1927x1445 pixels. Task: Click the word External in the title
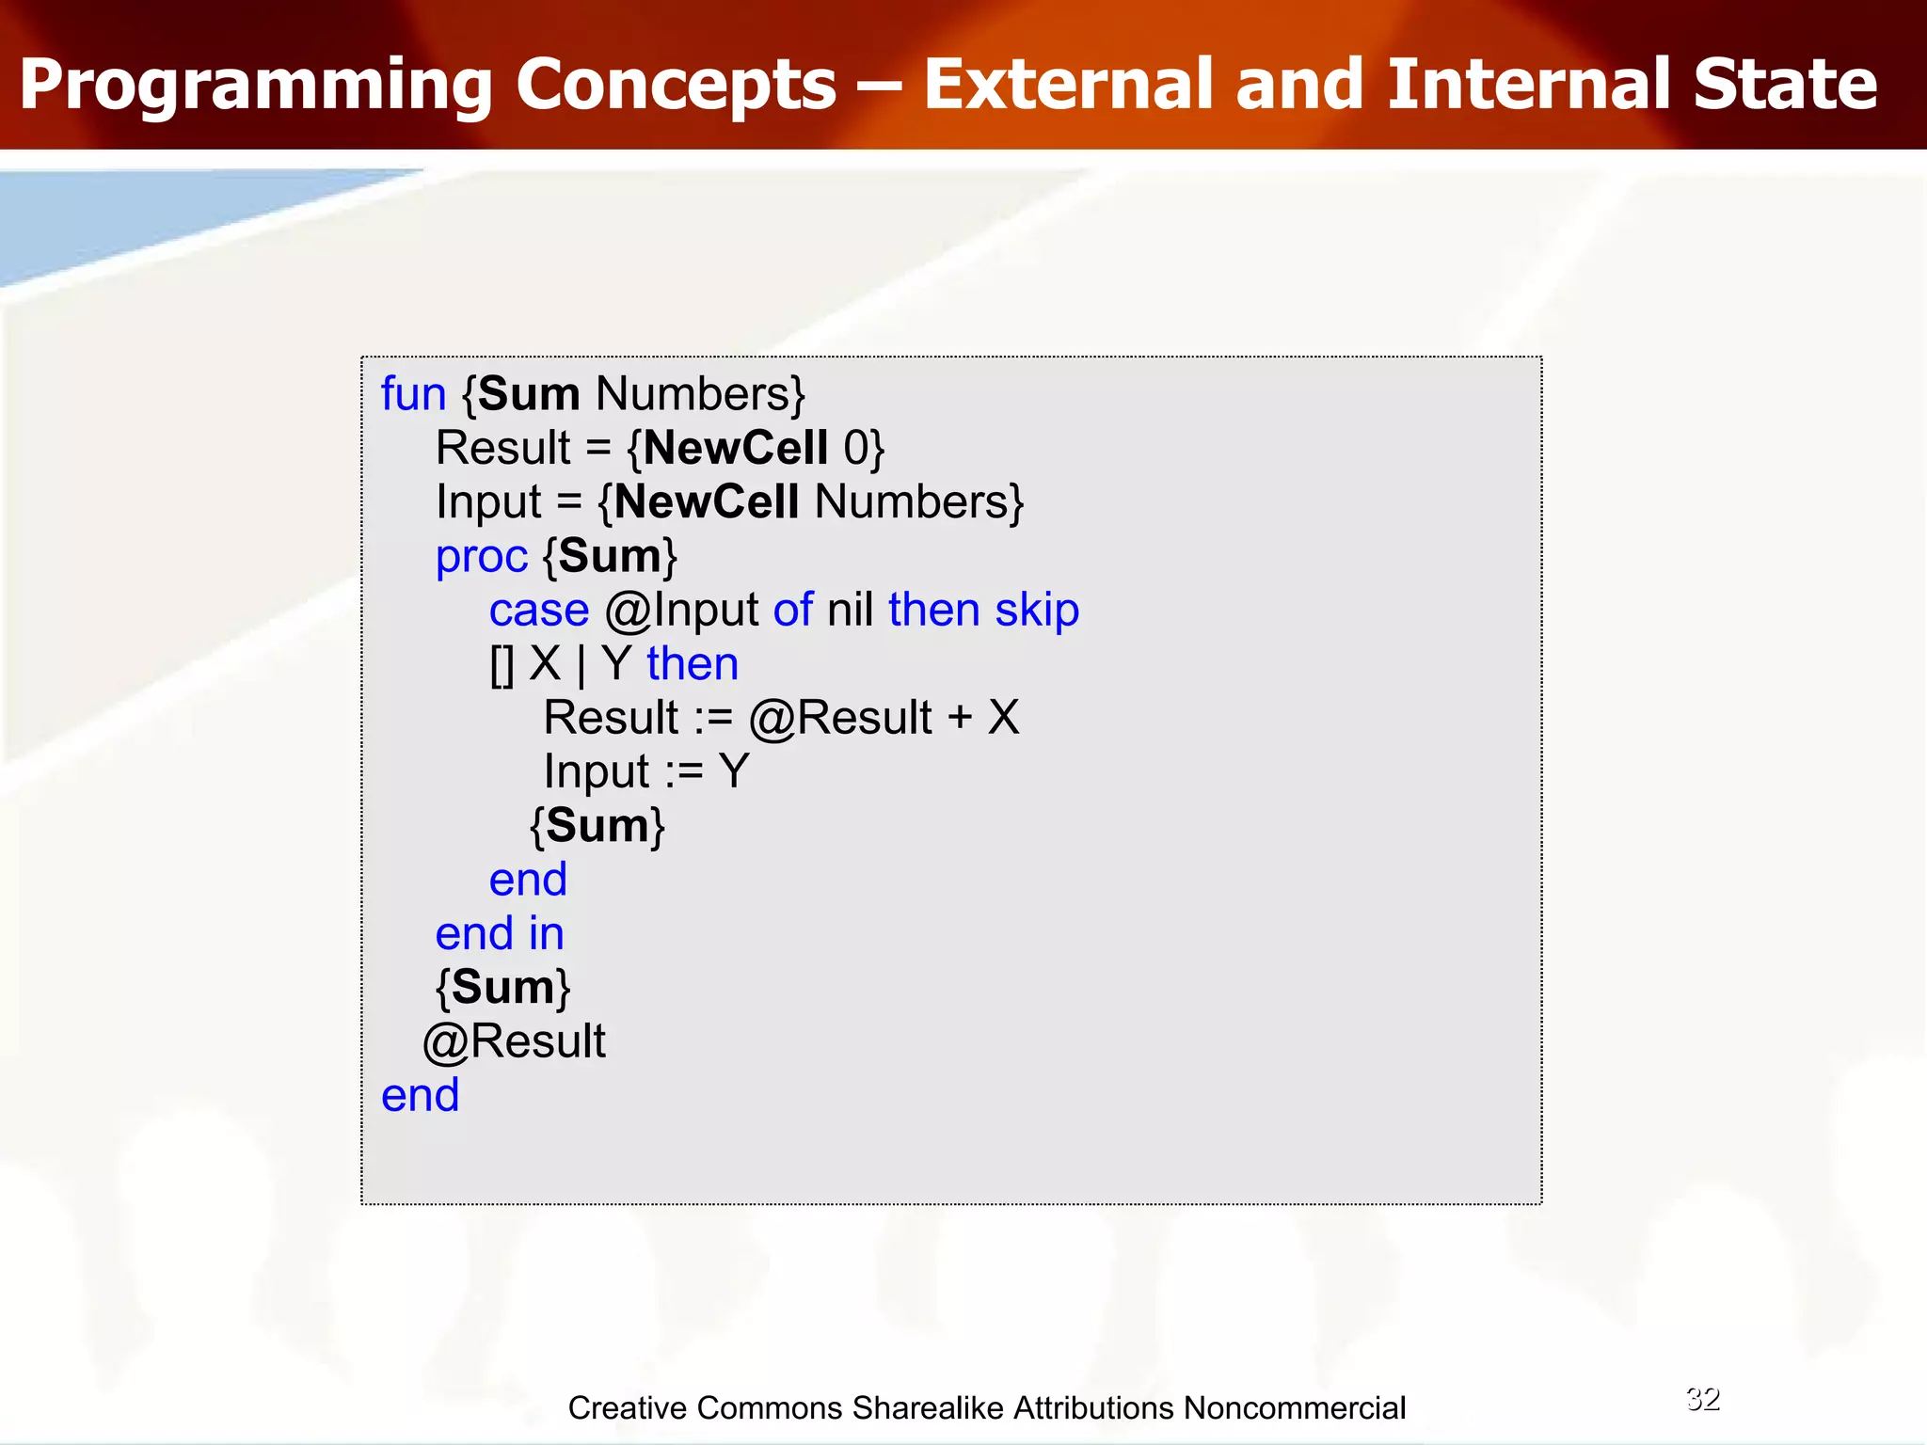coord(1068,85)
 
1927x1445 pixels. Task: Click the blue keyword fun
coord(413,394)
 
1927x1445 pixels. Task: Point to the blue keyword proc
coord(481,557)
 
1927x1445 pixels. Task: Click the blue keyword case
coord(538,611)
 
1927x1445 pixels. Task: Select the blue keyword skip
coord(1037,611)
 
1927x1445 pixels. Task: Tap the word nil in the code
coord(851,611)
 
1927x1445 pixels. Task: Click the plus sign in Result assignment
coord(960,718)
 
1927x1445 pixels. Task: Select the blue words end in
coord(499,934)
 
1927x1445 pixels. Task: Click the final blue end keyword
coord(420,1096)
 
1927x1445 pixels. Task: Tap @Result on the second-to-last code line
coord(514,1042)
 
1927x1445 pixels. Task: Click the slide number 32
coord(1703,1399)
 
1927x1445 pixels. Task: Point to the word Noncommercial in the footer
coord(1294,1408)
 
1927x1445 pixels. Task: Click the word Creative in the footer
coord(628,1408)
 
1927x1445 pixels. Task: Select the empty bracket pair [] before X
coord(502,665)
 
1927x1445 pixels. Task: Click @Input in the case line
coord(681,611)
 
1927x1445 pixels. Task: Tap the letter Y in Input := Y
coord(734,771)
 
